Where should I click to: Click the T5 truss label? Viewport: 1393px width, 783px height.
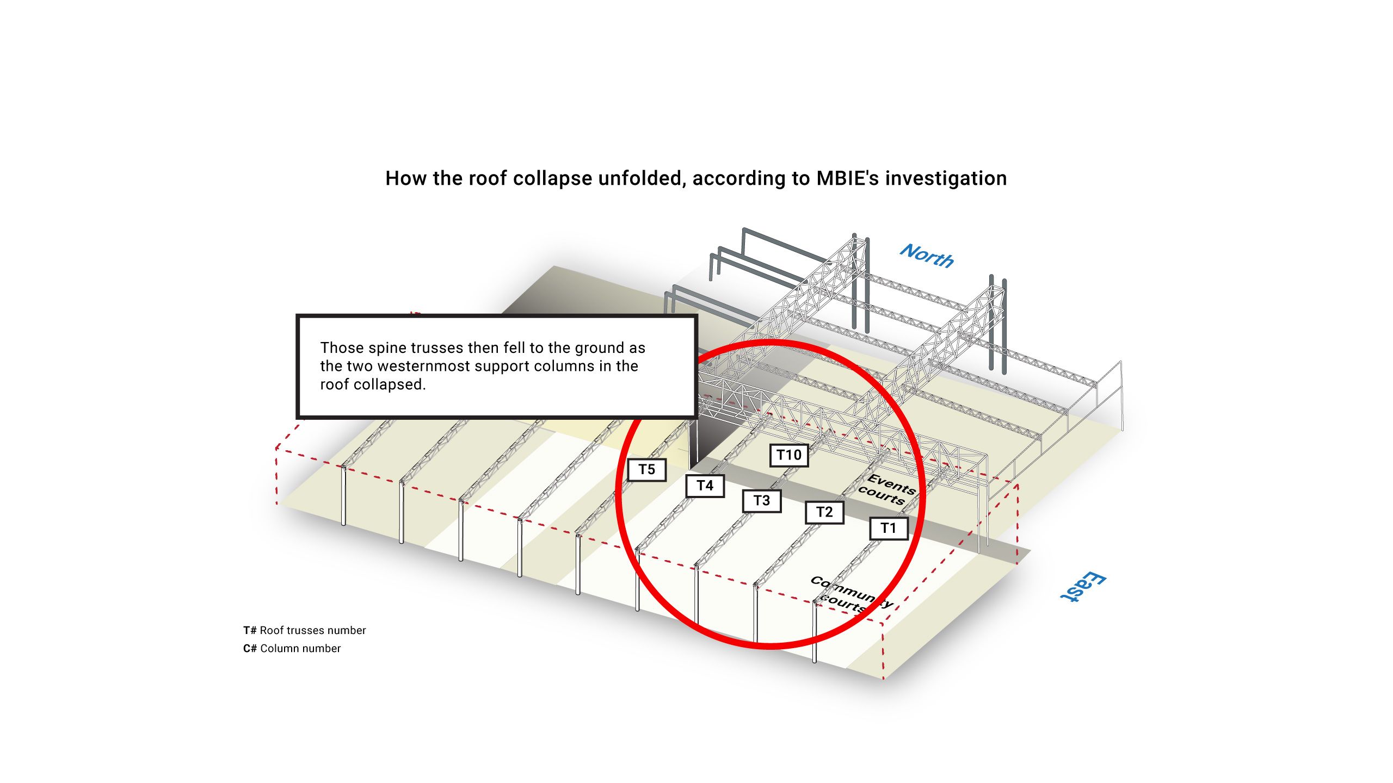click(x=646, y=470)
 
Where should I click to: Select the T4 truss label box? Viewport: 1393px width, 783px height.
click(x=705, y=486)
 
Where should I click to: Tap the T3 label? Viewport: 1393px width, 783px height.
click(x=762, y=501)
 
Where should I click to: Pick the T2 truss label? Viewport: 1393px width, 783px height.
click(x=824, y=512)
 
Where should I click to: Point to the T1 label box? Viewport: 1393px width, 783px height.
click(x=889, y=528)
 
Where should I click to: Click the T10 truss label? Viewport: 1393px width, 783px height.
click(x=789, y=455)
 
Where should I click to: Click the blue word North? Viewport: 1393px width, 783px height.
click(x=927, y=256)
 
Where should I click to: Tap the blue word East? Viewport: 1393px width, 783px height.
click(x=1083, y=587)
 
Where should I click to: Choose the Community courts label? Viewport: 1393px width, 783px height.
click(x=850, y=594)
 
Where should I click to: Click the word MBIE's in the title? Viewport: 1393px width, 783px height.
click(x=848, y=178)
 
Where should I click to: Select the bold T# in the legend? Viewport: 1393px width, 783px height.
click(x=250, y=631)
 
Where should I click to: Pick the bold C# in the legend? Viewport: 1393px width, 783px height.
click(x=250, y=649)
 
